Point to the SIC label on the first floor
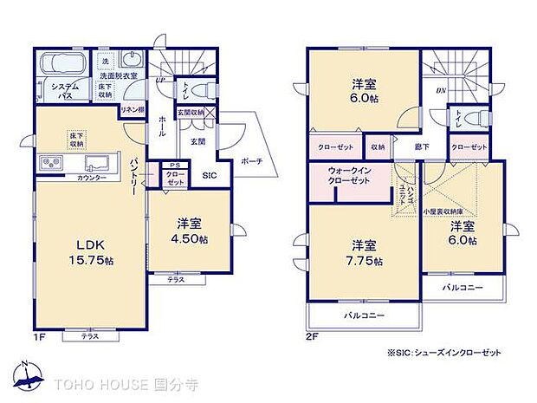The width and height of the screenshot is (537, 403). tap(209, 174)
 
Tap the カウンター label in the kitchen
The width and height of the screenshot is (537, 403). tap(92, 178)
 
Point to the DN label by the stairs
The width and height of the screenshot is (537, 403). tap(440, 91)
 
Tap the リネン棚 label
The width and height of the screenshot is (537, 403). tap(132, 109)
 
